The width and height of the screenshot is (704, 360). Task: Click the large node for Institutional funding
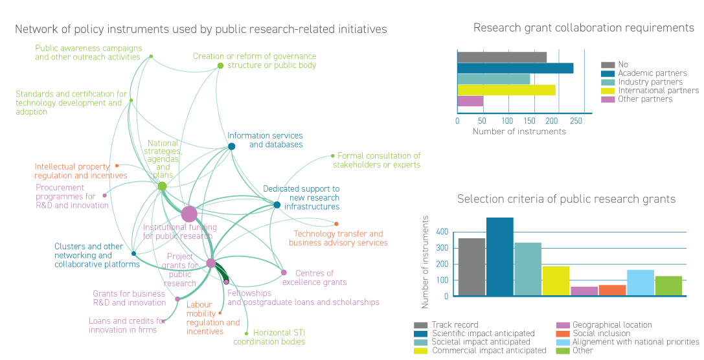188,214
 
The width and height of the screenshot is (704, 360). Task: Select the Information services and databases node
231,146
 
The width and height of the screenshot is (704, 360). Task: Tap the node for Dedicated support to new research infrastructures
277,205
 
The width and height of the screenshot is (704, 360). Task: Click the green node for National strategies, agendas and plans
162,186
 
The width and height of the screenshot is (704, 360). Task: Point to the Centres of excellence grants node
284,273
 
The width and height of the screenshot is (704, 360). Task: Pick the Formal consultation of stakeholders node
332,155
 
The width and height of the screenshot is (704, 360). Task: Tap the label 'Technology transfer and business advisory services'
338,238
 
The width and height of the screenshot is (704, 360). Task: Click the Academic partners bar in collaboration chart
515,69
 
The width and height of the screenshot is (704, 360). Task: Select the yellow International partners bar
506,90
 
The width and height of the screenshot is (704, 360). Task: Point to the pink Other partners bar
470,101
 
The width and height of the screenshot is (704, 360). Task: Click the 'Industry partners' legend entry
650,82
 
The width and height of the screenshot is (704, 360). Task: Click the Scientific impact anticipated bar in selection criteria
499,257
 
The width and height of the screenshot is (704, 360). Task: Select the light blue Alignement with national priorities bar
640,283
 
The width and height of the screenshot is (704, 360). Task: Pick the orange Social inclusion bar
612,290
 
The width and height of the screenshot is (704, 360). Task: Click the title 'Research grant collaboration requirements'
583,28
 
